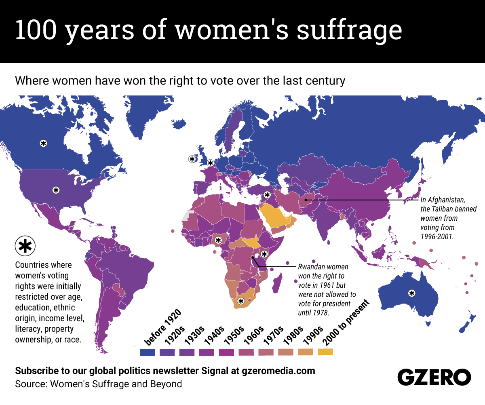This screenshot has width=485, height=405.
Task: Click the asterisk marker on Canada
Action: coord(43,143)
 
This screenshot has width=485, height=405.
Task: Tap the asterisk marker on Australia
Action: coord(411,293)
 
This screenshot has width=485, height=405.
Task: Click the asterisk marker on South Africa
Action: coord(241,301)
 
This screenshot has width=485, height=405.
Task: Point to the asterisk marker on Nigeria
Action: coord(218,240)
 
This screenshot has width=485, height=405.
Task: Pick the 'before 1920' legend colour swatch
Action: coord(147,352)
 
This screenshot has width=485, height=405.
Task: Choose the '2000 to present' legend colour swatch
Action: coord(325,352)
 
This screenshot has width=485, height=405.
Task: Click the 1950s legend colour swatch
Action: coord(226,352)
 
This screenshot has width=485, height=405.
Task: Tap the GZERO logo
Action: coord(434,377)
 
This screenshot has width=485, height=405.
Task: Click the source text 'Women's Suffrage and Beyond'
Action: coord(116,384)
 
